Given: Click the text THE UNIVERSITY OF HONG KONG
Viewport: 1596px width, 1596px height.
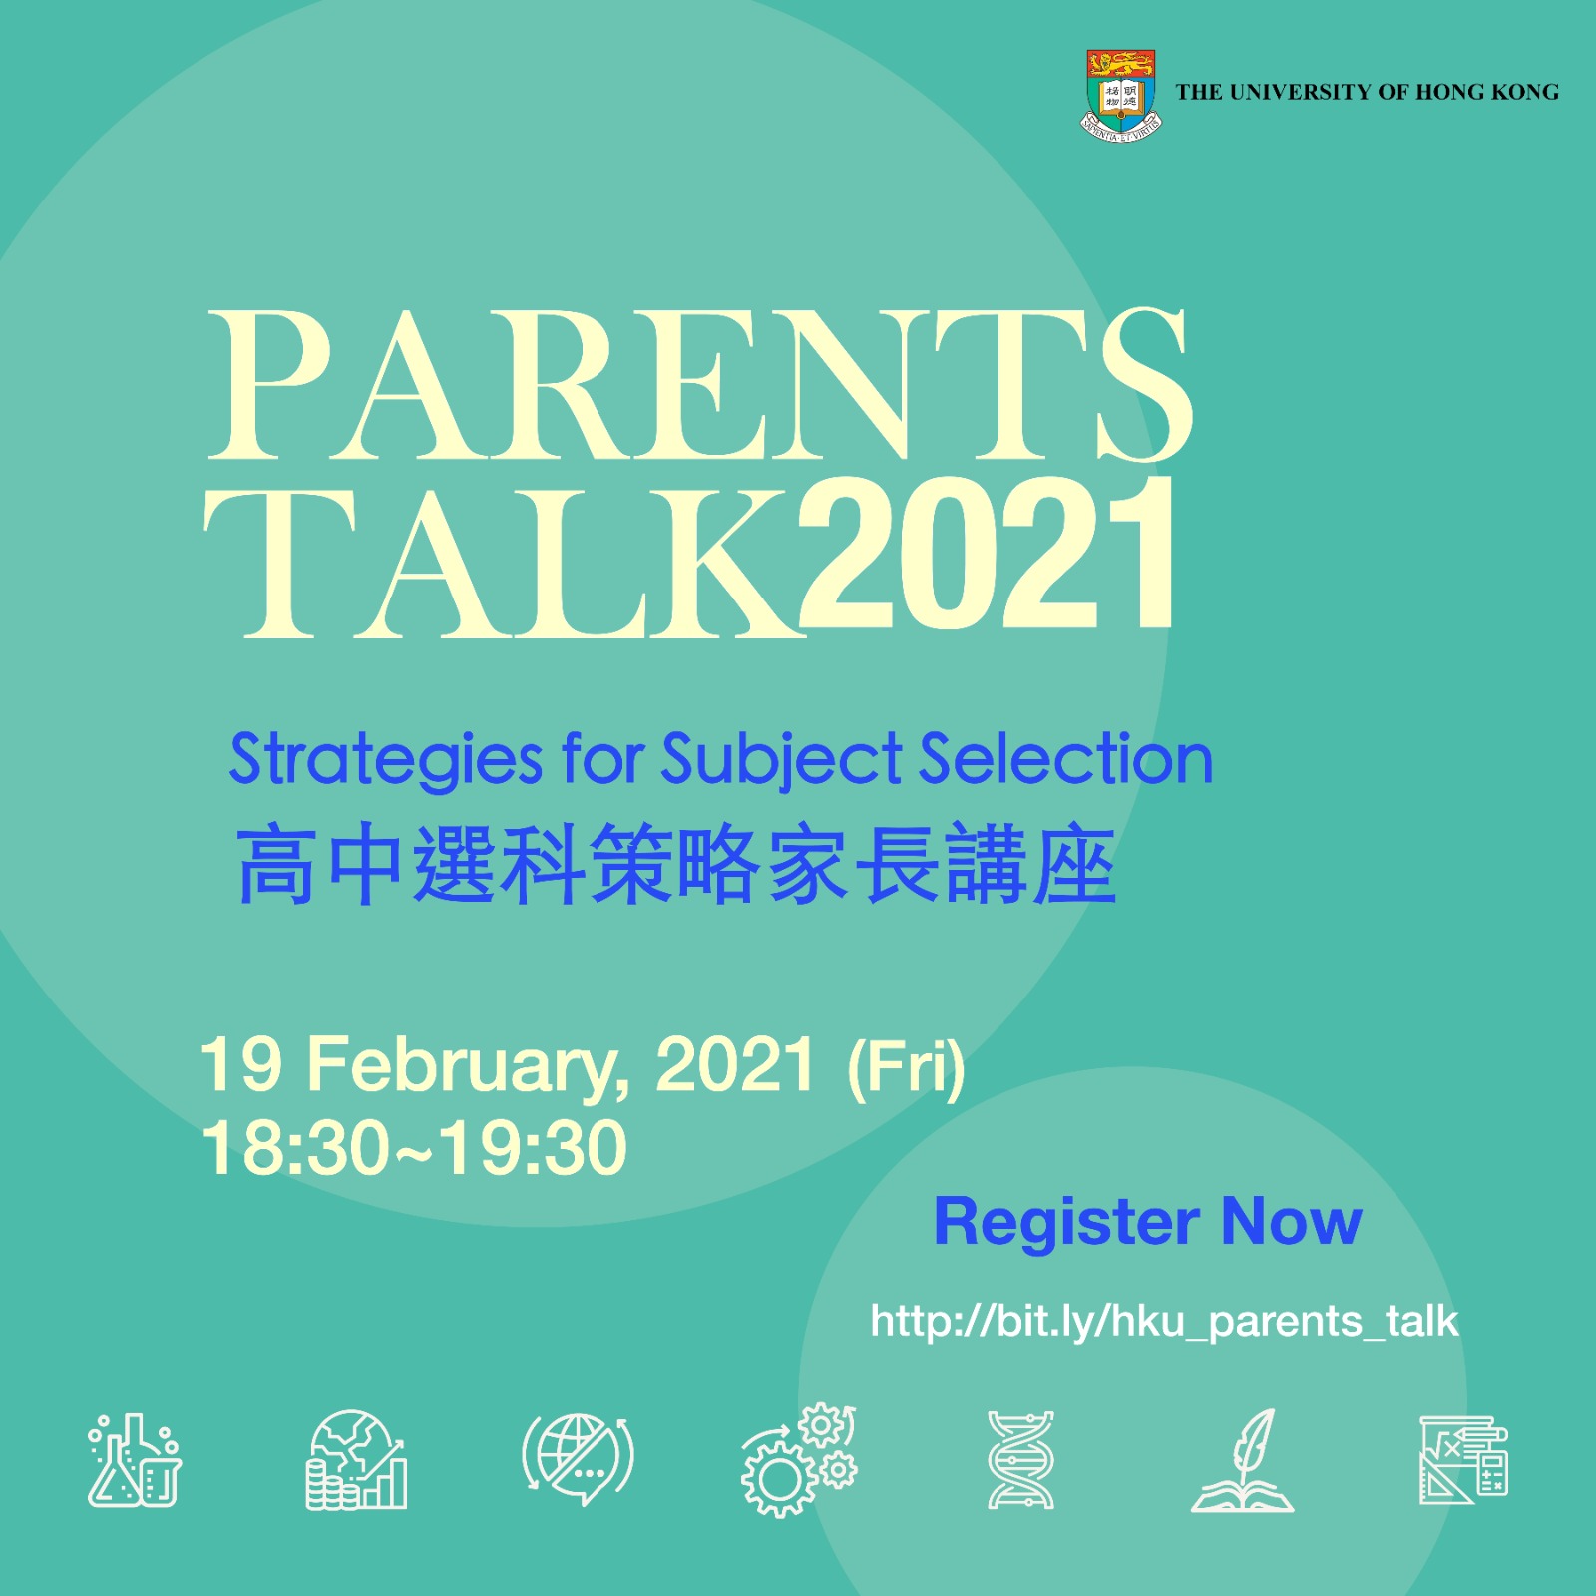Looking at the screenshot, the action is pyautogui.click(x=1367, y=92).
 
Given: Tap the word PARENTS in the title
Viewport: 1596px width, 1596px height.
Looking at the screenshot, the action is pyautogui.click(x=699, y=385).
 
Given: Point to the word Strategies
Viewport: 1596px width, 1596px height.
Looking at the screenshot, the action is pyautogui.click(x=386, y=761).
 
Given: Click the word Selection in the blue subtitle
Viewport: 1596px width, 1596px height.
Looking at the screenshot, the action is pyautogui.click(x=1065, y=759).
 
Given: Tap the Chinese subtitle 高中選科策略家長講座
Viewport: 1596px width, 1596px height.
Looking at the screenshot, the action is pyautogui.click(x=676, y=864).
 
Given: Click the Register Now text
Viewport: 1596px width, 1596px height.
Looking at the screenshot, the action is pyautogui.click(x=1147, y=1221).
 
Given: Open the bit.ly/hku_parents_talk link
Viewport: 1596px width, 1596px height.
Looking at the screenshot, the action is pyautogui.click(x=1164, y=1322).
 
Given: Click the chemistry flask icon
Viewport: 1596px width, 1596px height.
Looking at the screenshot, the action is pyautogui.click(x=135, y=1460).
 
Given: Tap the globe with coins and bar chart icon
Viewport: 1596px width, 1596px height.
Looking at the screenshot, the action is pyautogui.click(x=356, y=1460).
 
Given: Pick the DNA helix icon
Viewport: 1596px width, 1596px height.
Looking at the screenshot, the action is pyautogui.click(x=1020, y=1460).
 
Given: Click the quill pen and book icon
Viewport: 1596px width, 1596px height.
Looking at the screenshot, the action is pyautogui.click(x=1242, y=1460).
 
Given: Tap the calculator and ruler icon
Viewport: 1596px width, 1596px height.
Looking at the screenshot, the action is pyautogui.click(x=1463, y=1460).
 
